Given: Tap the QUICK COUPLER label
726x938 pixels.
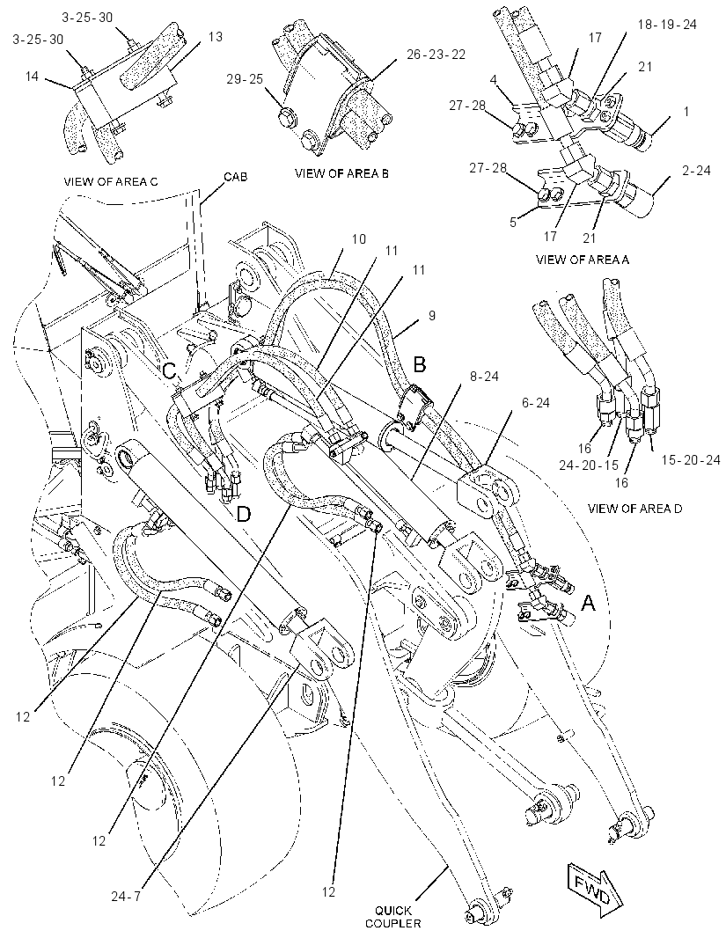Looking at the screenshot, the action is point(392,917).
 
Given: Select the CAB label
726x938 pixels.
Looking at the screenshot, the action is point(236,177).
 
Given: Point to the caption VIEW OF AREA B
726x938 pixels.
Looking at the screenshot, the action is point(341,173).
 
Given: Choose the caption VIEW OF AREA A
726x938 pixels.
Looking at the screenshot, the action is point(583,260).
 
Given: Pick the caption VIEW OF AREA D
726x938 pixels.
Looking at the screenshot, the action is point(635,509).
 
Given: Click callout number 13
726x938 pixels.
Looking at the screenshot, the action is point(216,36).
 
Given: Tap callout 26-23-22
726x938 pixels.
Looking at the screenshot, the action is point(436,55).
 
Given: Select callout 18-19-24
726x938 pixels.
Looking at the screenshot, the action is point(667,24).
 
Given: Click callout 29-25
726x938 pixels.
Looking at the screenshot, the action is point(245,79).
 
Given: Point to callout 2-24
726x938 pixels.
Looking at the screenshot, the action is point(696,171).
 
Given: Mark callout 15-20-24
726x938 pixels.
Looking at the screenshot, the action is point(691,460).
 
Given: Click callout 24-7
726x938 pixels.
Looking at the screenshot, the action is point(125,896).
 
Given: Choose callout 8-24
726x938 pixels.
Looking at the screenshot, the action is point(484,377).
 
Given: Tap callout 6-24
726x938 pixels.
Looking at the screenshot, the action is point(535,403).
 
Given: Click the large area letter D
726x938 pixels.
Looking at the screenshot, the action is point(244,514).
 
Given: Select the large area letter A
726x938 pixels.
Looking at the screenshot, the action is point(589,604).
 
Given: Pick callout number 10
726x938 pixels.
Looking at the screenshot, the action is point(358,239).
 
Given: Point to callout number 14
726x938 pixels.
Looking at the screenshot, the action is point(33,76).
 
